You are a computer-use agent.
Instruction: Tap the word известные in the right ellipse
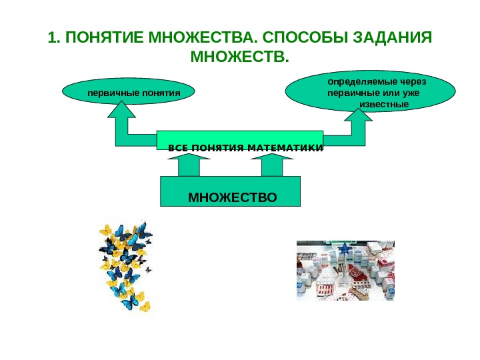pos(383,105)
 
